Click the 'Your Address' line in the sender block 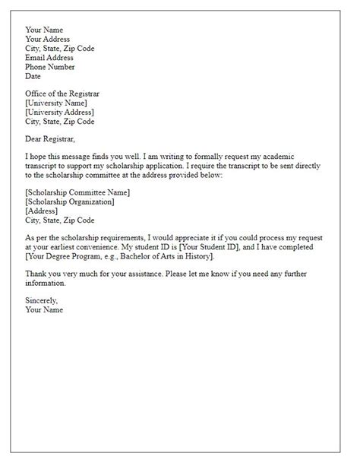coord(47,39)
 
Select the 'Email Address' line coord(49,57)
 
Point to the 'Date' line coord(33,75)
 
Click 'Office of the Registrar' coord(62,94)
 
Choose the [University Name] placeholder coord(56,103)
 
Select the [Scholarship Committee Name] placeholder coord(77,194)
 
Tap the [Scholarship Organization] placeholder coord(70,203)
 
